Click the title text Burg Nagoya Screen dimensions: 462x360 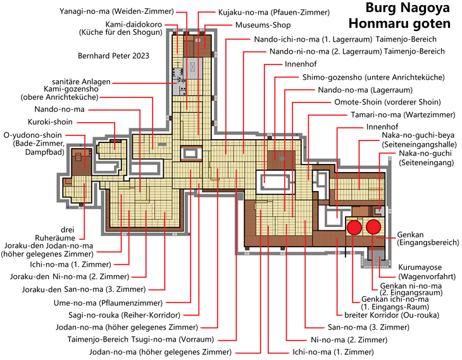coord(408,8)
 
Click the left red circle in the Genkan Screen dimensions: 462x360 coord(354,227)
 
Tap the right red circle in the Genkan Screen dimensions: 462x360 coord(373,227)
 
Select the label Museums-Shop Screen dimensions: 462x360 coord(263,25)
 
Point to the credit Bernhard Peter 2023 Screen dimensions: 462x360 coord(113,56)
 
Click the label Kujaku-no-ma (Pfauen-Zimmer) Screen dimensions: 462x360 coord(274,13)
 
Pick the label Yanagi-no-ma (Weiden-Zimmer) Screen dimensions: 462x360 coord(116,11)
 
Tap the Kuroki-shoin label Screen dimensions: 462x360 coord(50,122)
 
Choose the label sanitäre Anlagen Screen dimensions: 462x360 coord(81,82)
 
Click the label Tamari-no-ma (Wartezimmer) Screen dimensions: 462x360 coord(403,115)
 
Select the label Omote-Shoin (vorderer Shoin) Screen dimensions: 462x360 coord(387,102)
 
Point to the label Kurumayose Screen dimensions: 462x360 coord(420,267)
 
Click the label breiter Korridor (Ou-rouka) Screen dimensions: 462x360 coord(392,315)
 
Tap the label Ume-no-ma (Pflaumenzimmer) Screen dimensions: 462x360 coord(108,303)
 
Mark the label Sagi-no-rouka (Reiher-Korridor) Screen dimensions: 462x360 coord(124,315)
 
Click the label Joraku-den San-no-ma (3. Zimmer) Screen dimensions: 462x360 coord(84,289)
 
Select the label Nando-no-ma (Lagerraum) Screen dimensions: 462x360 coord(365,90)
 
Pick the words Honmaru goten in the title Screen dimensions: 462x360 coord(399,23)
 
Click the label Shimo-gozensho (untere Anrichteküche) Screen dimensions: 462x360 coord(373,77)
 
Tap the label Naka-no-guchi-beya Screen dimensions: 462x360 coord(418,135)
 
